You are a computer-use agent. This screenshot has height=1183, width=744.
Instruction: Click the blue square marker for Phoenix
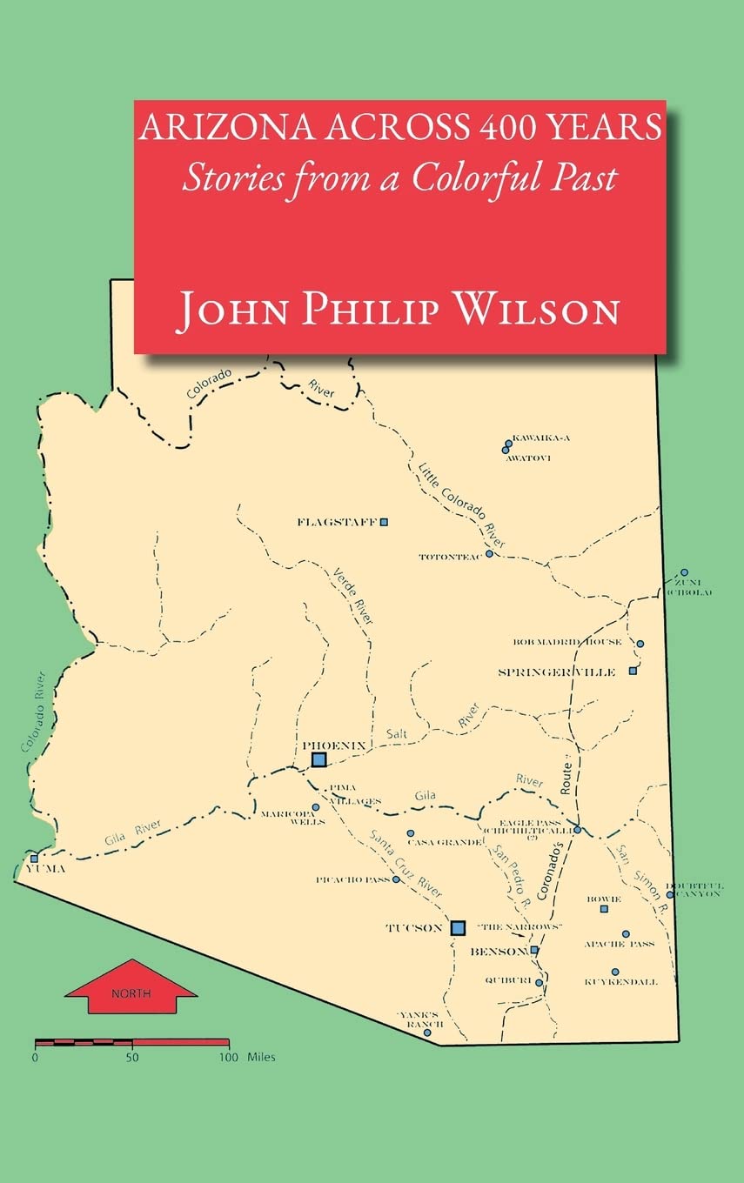319,759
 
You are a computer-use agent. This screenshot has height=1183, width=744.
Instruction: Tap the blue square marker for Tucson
458,927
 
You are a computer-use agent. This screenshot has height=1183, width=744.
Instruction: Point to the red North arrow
131,986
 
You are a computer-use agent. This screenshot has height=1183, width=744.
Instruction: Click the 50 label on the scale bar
132,1058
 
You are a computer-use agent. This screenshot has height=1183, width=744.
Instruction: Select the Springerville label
557,672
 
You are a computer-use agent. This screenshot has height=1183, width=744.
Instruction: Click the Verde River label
353,597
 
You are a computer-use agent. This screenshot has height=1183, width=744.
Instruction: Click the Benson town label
499,952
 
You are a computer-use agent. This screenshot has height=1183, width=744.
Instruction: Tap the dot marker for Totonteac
489,553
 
